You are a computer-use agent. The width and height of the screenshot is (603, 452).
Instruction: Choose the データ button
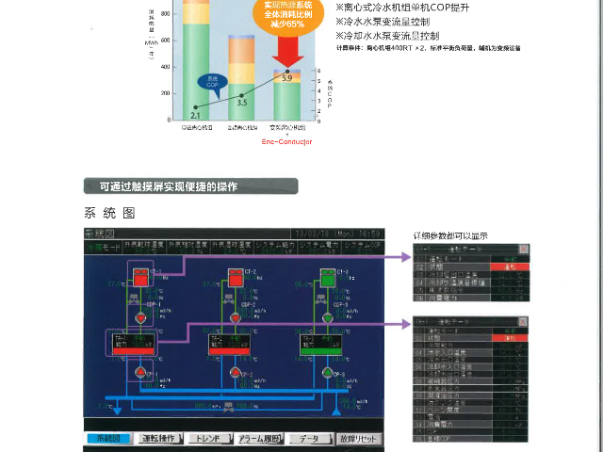[x=309, y=439]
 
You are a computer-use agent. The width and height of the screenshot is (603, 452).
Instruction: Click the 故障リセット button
[x=359, y=439]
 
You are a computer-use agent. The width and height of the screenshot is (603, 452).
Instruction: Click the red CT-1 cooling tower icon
[x=140, y=278]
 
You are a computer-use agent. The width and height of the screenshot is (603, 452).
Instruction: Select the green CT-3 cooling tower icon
[x=327, y=278]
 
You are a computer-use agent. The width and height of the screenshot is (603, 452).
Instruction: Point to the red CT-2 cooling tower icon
[x=235, y=278]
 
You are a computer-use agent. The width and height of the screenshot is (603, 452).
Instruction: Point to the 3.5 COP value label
[x=242, y=101]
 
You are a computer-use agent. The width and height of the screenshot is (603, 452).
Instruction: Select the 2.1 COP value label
[x=195, y=115]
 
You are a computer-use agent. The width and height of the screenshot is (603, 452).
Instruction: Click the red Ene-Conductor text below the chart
[x=286, y=141]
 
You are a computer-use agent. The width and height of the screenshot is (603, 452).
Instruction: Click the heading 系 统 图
[x=110, y=212]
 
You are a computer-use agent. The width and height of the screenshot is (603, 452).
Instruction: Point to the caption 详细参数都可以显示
[x=450, y=235]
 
